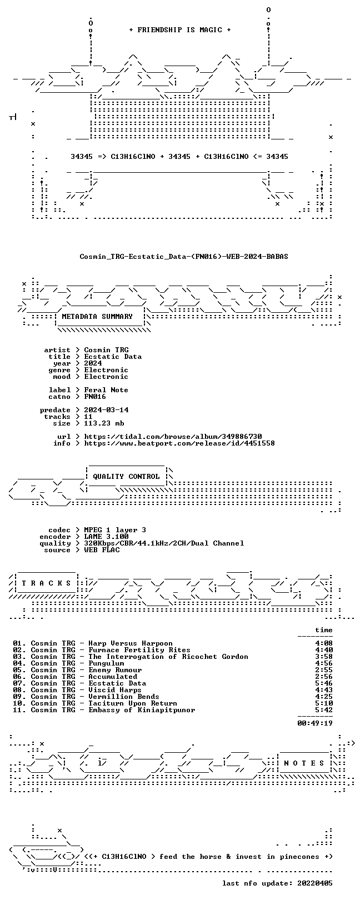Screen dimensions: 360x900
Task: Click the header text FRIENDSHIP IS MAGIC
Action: click(180, 30)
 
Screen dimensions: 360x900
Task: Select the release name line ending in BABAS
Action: click(184, 256)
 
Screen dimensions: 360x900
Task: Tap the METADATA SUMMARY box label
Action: click(97, 317)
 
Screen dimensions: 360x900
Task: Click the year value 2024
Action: click(93, 363)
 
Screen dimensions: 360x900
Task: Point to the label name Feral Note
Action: click(106, 390)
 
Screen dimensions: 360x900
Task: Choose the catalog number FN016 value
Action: click(95, 397)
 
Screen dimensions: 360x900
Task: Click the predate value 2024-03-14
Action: click(106, 410)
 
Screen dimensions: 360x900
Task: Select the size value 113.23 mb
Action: click(104, 423)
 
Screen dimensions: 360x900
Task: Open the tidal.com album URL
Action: click(173, 436)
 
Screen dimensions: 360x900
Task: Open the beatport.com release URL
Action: click(179, 443)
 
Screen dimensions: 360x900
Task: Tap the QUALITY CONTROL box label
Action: click(126, 477)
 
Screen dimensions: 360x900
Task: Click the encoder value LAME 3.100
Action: click(106, 536)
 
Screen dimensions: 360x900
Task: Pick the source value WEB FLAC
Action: click(102, 549)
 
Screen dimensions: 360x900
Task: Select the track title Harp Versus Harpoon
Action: click(131, 643)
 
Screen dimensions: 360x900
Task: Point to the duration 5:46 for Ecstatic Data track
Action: click(324, 683)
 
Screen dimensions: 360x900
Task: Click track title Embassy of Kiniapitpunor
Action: click(142, 710)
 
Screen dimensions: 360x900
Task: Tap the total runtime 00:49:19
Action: click(315, 723)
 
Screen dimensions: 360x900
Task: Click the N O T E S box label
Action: click(304, 763)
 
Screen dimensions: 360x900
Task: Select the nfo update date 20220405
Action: click(315, 883)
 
